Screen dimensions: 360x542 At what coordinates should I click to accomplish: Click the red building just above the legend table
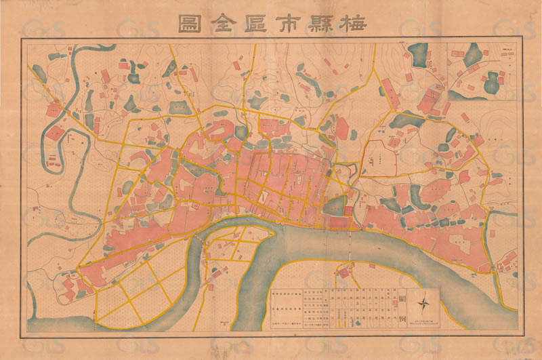click(x=343, y=273)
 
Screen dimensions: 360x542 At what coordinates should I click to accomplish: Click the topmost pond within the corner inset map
click(x=472, y=53)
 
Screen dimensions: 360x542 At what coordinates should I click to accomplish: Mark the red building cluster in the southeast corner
click(x=505, y=261)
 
